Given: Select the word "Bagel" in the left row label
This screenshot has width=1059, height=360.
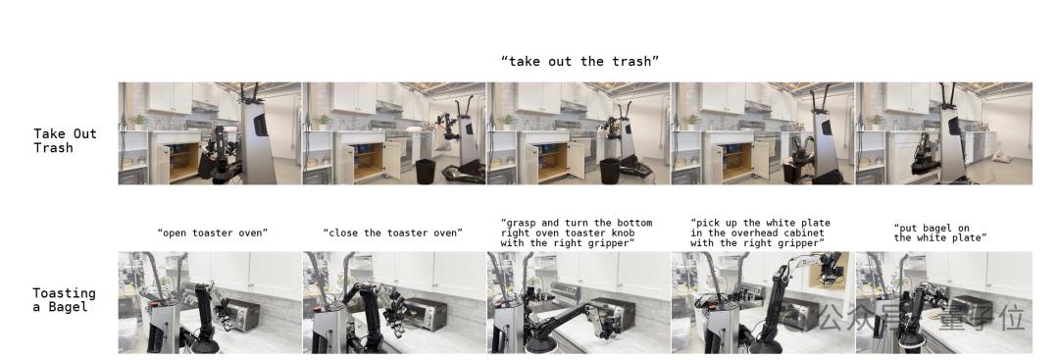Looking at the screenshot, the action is [x=69, y=307].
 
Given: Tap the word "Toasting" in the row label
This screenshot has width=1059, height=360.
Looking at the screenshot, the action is [x=64, y=293].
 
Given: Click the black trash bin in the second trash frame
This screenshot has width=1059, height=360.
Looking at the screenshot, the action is [x=426, y=171].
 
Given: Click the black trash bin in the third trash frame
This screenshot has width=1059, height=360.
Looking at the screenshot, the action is [x=609, y=171].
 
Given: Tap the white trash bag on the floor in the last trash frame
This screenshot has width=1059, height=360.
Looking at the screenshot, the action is [x=1001, y=158].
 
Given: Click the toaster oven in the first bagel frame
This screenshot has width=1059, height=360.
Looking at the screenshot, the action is [x=242, y=316].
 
